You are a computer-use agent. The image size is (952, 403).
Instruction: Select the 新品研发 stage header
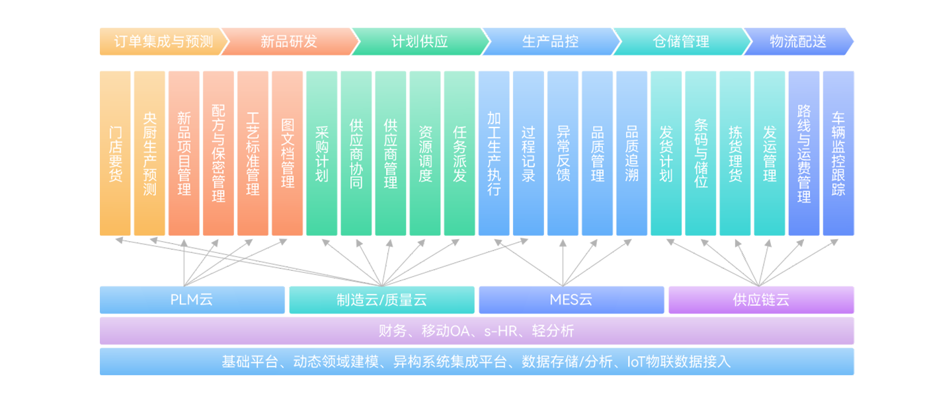[288, 42]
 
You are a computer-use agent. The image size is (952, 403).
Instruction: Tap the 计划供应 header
[419, 42]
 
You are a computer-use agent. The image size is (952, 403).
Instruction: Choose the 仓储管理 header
[681, 42]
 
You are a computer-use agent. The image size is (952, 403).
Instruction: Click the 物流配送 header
[798, 42]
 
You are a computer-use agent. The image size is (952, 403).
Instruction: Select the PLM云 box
[192, 300]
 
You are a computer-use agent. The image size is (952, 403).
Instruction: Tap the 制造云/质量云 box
[381, 300]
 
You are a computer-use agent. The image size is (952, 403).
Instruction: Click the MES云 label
[571, 300]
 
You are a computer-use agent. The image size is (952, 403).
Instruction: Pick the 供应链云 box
[761, 300]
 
